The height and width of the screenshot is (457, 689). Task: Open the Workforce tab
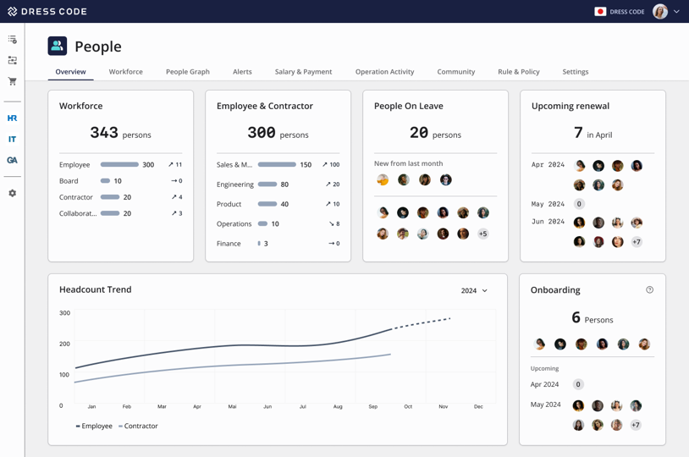[125, 72]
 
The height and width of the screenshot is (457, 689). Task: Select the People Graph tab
[187, 72]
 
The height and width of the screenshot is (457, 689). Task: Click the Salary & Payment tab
[303, 72]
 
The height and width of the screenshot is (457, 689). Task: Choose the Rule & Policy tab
[518, 72]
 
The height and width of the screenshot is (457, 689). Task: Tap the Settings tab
[575, 72]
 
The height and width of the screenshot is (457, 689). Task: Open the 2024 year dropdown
[474, 291]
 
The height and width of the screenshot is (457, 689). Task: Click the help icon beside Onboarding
[649, 290]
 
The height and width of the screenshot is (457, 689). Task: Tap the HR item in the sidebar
[12, 118]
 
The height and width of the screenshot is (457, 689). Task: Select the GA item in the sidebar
[12, 160]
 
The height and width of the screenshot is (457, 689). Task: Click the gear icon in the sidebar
[12, 194]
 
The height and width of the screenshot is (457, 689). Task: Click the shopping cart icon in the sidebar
[12, 82]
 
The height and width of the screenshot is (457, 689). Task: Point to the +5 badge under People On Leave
[482, 234]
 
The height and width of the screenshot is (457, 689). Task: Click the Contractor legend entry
[138, 427]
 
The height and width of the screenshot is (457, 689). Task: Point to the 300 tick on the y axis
[65, 313]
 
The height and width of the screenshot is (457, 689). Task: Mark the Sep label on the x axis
[372, 407]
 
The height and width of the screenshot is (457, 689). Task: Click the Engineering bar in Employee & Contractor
[267, 184]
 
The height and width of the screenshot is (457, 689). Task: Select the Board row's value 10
[118, 181]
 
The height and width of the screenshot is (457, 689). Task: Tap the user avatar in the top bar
[660, 12]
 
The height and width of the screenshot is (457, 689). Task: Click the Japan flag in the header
[600, 12]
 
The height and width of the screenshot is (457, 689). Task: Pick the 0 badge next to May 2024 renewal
[579, 204]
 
